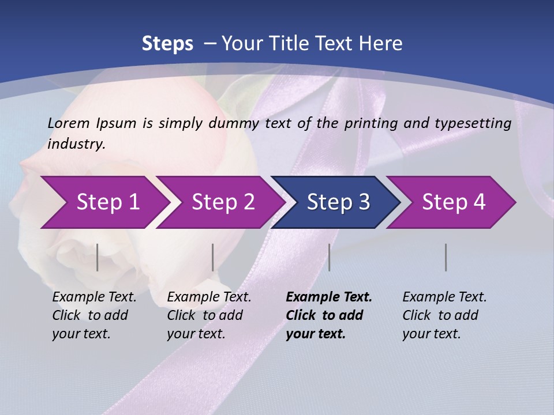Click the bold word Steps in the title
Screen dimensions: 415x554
pos(167,44)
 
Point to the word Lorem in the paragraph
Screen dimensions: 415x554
pos(69,123)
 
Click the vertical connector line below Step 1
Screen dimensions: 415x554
pos(98,257)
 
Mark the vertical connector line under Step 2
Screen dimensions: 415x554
pos(213,257)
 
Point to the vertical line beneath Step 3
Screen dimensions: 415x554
pos(330,257)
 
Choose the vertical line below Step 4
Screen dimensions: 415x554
pos(446,257)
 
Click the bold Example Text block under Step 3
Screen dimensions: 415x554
pos(328,315)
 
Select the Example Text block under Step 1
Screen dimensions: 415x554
pos(94,315)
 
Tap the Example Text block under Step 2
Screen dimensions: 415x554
pos(209,315)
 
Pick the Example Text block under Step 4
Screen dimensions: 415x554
pos(444,315)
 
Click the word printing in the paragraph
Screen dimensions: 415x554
pos(368,123)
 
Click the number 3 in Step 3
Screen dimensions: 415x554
pos(364,202)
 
